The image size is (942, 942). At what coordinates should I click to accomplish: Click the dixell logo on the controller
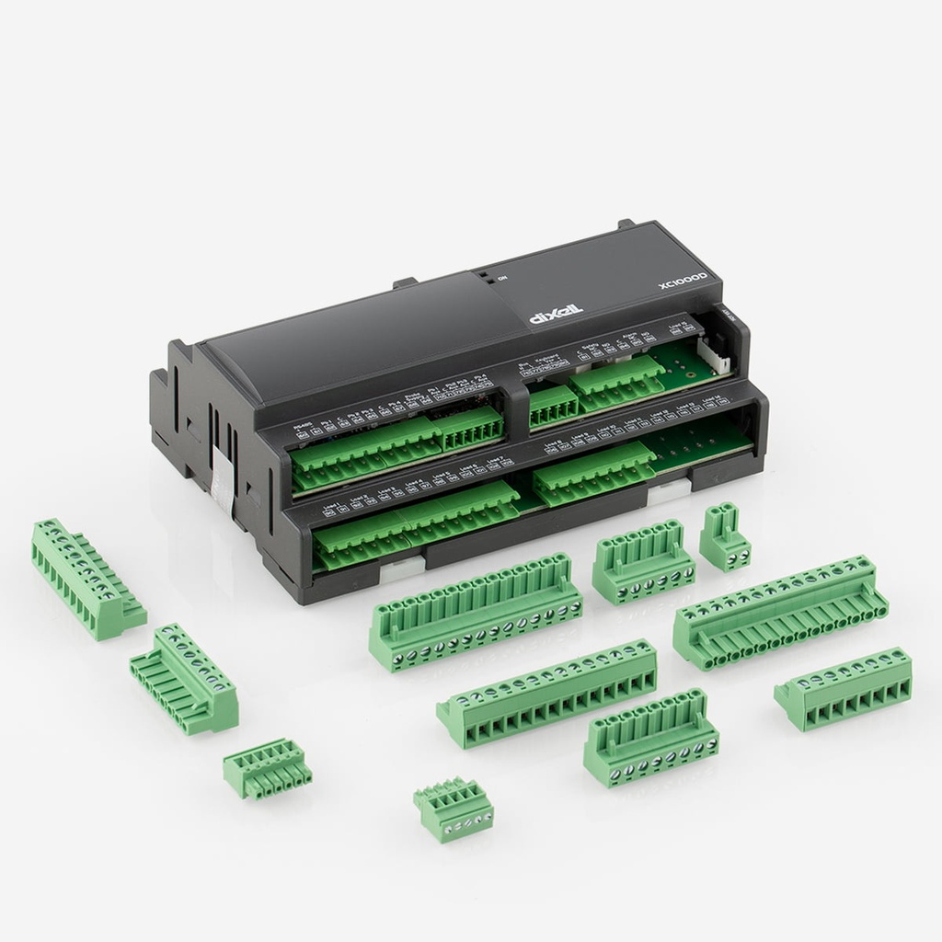click(557, 315)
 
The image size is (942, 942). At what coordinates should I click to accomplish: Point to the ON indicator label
click(501, 279)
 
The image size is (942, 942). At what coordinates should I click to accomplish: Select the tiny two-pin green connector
click(725, 538)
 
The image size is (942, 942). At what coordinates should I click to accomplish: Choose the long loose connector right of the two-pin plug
click(780, 612)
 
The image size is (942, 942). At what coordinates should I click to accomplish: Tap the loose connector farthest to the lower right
click(844, 687)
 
